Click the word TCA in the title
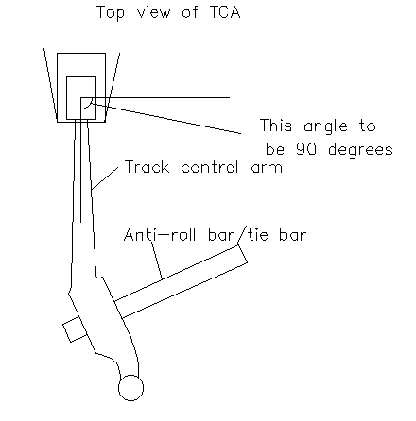pos(225,12)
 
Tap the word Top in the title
pos(111,13)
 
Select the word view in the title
pos(153,12)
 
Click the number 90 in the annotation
pos(306,149)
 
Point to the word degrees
pos(360,150)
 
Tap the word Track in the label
pos(147,167)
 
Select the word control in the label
pos(210,167)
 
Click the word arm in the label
pos(267,168)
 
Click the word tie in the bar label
pos(258,235)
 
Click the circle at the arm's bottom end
pos(130,388)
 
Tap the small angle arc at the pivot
pos(89,106)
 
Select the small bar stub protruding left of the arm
pos(75,331)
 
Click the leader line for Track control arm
pos(105,178)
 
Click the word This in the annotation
pos(276,126)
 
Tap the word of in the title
pos(190,12)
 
